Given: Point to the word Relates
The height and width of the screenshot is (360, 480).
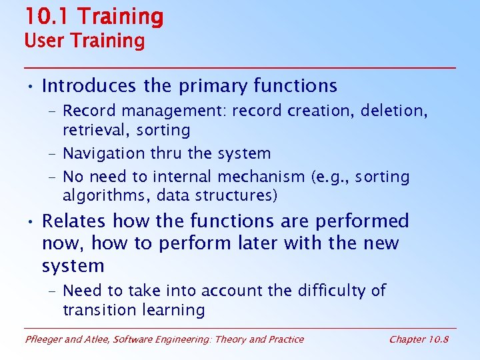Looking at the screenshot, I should tap(75, 221).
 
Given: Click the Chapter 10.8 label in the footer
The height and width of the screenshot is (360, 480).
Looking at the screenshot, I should tap(419, 339).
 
